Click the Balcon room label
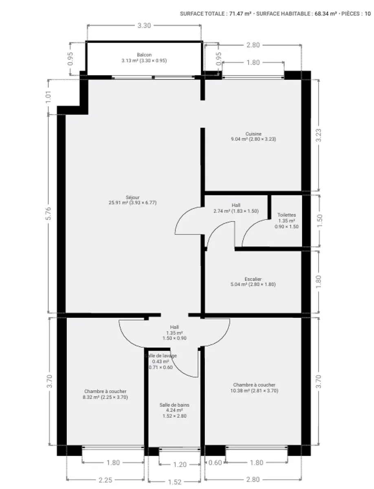[144, 55]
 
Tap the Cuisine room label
[253, 134]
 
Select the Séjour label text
[132, 197]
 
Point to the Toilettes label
[286, 215]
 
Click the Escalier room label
[253, 279]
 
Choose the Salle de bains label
[174, 405]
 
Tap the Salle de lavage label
[161, 356]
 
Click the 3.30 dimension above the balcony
[144, 26]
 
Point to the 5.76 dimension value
[48, 214]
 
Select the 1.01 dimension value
[48, 97]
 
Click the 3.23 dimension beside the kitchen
[319, 135]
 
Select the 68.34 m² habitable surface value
[326, 14]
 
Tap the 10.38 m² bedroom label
[254, 390]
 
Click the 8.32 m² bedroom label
[106, 397]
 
